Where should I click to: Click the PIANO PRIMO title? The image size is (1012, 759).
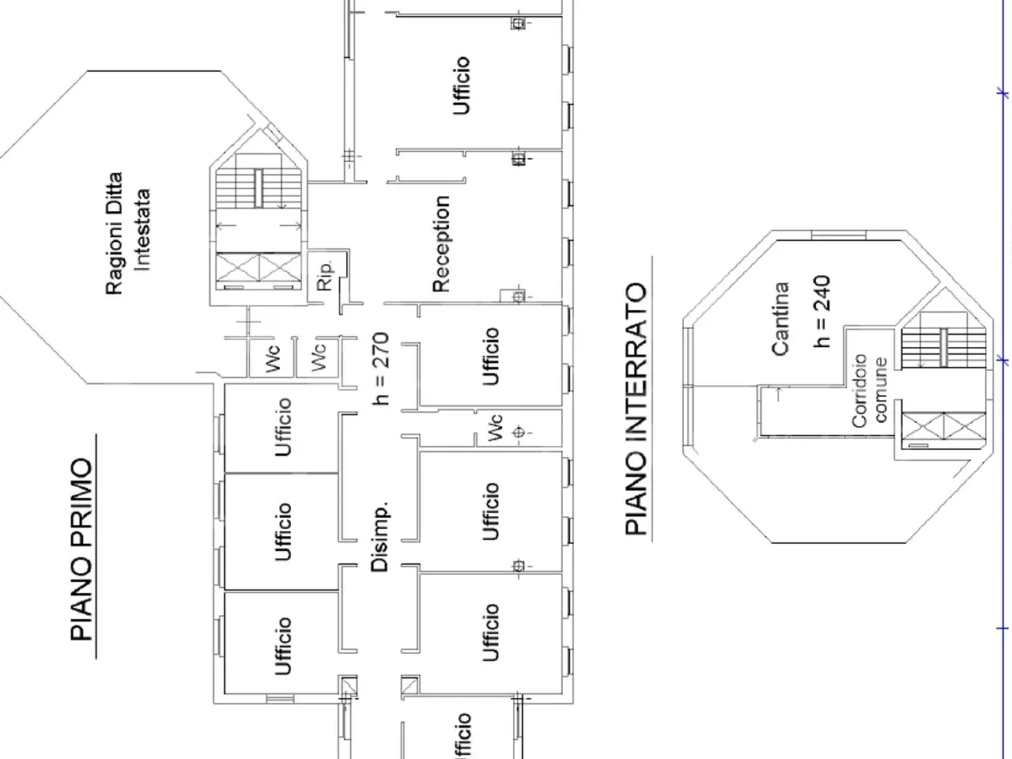(x=82, y=549)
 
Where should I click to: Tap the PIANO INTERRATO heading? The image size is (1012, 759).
(x=636, y=409)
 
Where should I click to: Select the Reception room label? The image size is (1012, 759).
(x=441, y=244)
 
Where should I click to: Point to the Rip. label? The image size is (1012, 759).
(x=325, y=276)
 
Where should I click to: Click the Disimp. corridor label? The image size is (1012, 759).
(x=380, y=537)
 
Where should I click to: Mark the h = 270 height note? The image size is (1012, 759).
(x=381, y=368)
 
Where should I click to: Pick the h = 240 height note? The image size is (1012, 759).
(x=822, y=312)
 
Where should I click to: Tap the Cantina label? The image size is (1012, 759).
(x=780, y=319)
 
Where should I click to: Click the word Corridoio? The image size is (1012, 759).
(x=859, y=391)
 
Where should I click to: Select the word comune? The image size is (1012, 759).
(x=880, y=390)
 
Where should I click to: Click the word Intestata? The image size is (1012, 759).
(x=142, y=230)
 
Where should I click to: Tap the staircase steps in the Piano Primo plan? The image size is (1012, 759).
(x=259, y=188)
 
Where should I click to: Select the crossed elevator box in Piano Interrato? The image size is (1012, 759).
(x=944, y=426)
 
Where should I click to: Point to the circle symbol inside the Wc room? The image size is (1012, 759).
(x=519, y=432)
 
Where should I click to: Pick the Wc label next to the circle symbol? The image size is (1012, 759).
(x=494, y=428)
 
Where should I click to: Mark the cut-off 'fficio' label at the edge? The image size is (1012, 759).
(x=462, y=736)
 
